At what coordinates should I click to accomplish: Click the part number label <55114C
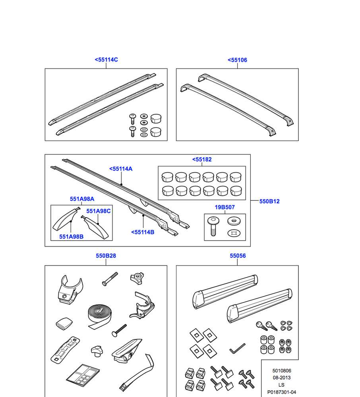point(106,60)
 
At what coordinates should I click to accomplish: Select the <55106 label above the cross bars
point(237,60)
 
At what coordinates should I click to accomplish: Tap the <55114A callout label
point(121,169)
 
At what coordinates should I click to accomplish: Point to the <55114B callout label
point(142,232)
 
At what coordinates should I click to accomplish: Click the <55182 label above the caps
point(202,160)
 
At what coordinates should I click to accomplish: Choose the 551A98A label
point(82,199)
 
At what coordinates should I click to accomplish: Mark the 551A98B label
point(71,237)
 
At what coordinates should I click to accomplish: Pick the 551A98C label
point(99,211)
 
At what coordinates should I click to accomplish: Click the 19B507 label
point(225,207)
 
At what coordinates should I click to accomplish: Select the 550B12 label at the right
point(269,201)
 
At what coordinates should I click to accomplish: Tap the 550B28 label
point(106,256)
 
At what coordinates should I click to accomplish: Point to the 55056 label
point(238,256)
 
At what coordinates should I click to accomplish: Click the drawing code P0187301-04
point(281,392)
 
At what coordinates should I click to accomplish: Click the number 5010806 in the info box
point(281,370)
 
